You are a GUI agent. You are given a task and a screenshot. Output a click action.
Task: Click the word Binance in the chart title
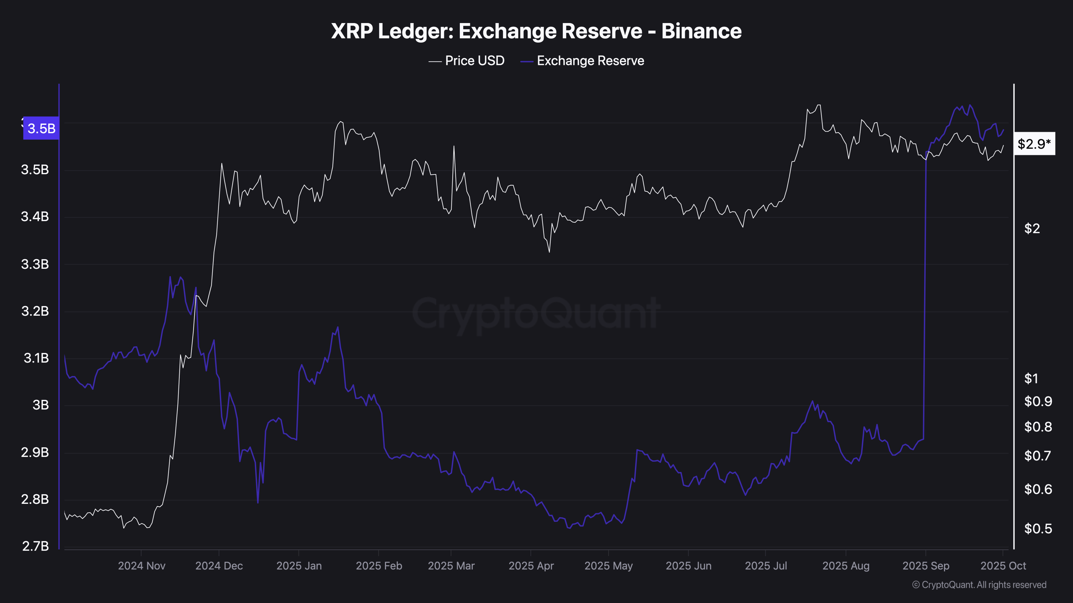pos(701,31)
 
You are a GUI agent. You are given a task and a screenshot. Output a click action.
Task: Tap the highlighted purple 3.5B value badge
pos(41,128)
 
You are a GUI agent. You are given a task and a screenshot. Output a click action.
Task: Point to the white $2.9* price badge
pos(1034,144)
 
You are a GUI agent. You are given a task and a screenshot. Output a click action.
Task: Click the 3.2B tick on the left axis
pos(35,311)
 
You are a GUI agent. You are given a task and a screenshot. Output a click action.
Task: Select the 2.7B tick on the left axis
pos(35,546)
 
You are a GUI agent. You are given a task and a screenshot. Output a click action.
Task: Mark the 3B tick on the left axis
pos(40,405)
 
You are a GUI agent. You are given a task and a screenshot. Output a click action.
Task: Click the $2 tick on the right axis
pos(1032,228)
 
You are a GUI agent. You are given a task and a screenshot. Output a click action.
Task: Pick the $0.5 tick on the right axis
pos(1038,528)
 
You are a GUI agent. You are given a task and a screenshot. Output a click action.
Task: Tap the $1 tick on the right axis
pos(1031,379)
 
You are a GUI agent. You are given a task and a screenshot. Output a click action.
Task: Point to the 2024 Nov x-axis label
pos(142,566)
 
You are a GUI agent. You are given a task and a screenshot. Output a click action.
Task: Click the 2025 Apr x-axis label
pos(531,566)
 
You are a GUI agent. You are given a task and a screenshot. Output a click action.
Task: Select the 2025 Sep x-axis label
pos(925,566)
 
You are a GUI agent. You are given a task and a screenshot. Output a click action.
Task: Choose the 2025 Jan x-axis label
pos(299,566)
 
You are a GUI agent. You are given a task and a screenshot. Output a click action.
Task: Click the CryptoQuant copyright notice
pos(979,585)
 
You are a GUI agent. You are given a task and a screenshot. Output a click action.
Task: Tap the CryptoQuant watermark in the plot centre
pos(536,313)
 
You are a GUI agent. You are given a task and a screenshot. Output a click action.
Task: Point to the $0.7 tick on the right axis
pos(1038,456)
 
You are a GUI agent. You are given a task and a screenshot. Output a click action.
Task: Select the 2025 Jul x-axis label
pos(766,566)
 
